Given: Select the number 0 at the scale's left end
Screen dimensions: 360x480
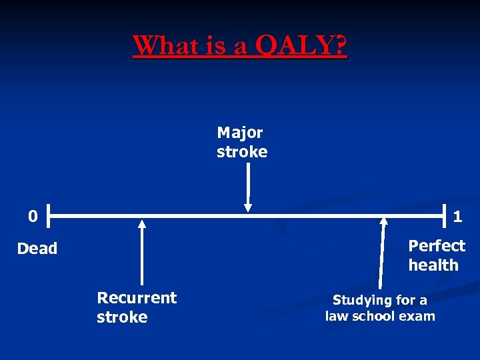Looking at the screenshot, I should (33, 216).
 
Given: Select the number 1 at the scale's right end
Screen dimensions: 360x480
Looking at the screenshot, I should (458, 216).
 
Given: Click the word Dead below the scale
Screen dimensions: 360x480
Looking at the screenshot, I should (37, 249).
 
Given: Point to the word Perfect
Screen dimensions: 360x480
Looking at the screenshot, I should (437, 245).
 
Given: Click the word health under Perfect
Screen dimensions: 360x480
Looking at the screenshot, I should (433, 265).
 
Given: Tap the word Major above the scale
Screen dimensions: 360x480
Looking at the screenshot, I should (240, 133).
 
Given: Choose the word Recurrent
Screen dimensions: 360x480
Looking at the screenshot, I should (137, 297).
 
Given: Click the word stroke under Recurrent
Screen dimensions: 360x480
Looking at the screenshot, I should (122, 317).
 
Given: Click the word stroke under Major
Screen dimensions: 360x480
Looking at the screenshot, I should (242, 152).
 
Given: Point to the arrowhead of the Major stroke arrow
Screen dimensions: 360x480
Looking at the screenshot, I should (248, 207).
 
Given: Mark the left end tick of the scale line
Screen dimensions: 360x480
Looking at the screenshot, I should (49, 216).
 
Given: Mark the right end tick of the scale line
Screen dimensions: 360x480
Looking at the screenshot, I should (445, 216).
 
